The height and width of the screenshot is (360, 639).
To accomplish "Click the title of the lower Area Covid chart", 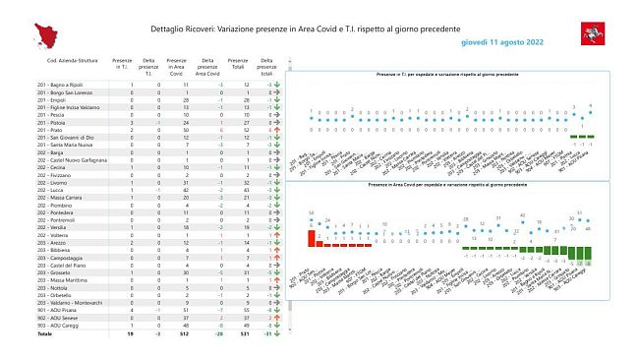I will point(447,184).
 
